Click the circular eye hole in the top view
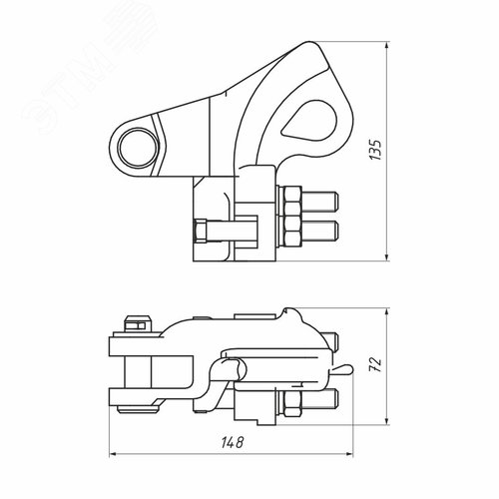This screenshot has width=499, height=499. click(132, 150)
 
